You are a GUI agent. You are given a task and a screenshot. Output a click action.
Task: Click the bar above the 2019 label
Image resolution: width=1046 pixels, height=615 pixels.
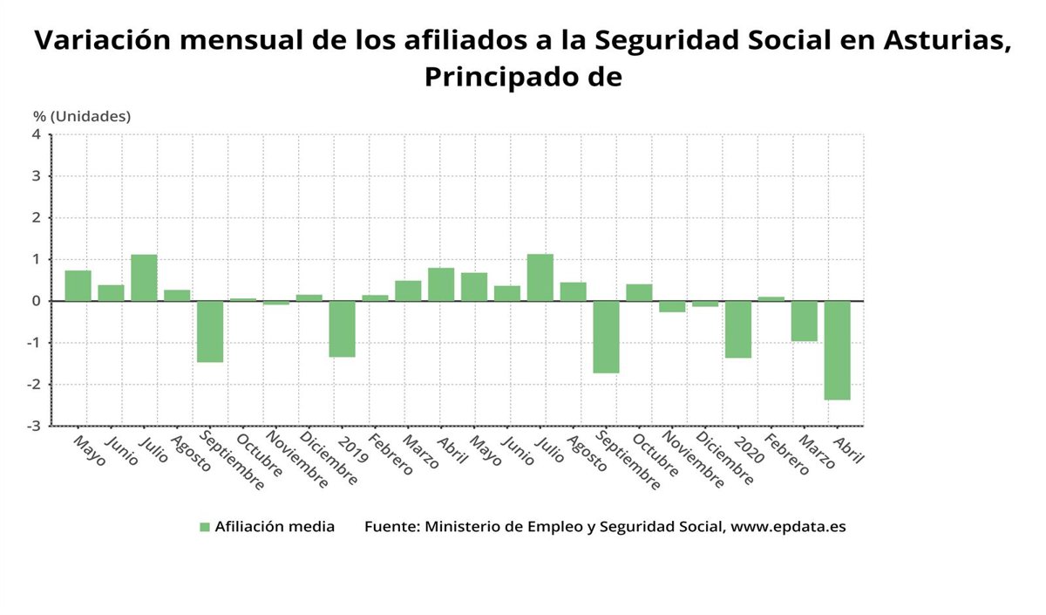pyautogui.click(x=342, y=329)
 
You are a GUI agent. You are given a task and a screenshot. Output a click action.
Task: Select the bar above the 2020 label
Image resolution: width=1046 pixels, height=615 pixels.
pyautogui.click(x=738, y=330)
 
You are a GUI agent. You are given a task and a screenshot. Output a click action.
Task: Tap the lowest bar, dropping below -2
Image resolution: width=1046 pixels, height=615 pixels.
pyautogui.click(x=837, y=350)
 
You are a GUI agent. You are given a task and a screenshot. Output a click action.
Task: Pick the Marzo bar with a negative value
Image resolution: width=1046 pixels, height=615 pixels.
pyautogui.click(x=804, y=321)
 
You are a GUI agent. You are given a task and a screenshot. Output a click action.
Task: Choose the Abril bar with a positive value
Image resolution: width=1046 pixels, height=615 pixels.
pyautogui.click(x=441, y=284)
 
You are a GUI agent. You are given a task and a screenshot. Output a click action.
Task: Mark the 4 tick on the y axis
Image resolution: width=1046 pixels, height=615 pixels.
pyautogui.click(x=37, y=134)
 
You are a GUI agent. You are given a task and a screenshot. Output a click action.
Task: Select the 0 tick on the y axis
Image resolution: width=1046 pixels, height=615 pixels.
pyautogui.click(x=37, y=301)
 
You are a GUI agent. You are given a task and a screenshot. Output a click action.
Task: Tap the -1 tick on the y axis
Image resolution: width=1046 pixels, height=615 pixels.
pyautogui.click(x=35, y=343)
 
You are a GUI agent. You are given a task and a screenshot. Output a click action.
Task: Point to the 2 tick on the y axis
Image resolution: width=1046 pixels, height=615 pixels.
pyautogui.click(x=37, y=218)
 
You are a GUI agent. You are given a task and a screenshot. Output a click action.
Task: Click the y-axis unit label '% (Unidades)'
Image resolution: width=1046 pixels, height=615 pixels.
pyautogui.click(x=82, y=116)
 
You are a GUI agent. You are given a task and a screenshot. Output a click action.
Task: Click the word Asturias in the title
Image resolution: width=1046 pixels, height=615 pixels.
pyautogui.click(x=947, y=40)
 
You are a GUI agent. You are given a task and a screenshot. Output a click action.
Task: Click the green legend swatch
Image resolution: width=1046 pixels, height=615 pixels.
pyautogui.click(x=205, y=527)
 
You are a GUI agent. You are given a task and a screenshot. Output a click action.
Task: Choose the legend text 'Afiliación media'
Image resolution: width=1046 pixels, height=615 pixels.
pyautogui.click(x=275, y=527)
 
